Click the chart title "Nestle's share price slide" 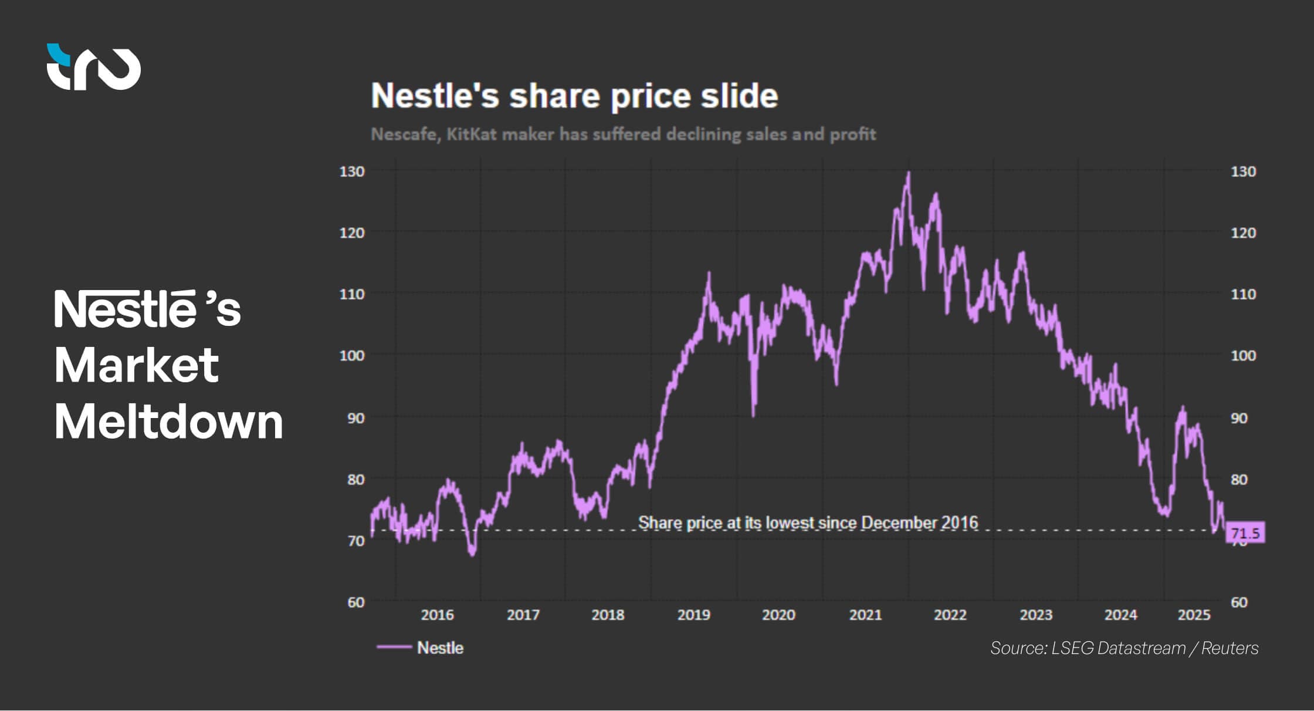[x=574, y=96]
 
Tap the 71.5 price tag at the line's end [x=1245, y=533]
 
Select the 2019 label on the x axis [x=693, y=615]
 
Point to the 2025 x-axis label [x=1194, y=615]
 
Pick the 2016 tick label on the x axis [x=437, y=615]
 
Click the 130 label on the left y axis [x=352, y=171]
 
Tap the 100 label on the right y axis [x=1243, y=355]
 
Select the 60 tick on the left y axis [x=355, y=602]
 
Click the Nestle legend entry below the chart [x=420, y=648]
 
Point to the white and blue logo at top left [x=93, y=67]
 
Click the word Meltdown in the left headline [x=168, y=421]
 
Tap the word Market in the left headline [x=136, y=365]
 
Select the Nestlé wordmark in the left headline [x=126, y=308]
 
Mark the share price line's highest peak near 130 [x=909, y=174]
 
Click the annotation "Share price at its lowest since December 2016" [x=808, y=523]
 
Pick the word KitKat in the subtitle [x=471, y=134]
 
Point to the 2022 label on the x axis [x=950, y=615]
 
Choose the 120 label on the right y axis [x=1243, y=232]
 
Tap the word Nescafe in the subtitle [x=404, y=134]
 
